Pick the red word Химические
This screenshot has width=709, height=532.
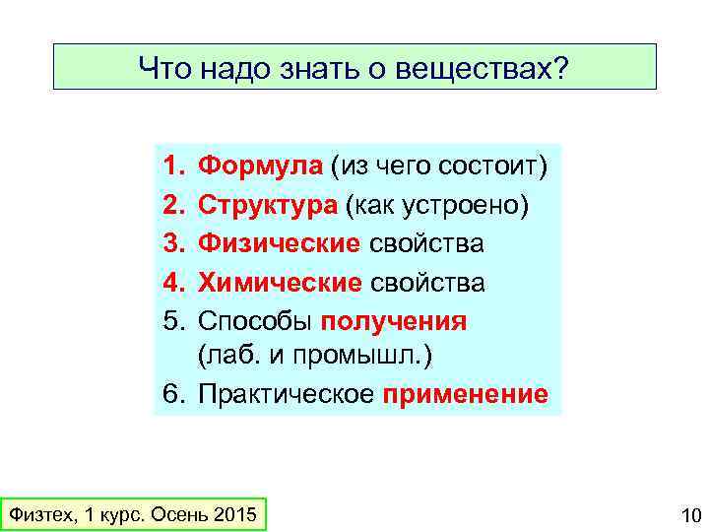280,283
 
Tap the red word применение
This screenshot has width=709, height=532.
465,395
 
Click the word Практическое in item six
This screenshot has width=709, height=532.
286,395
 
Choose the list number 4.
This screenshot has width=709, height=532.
172,283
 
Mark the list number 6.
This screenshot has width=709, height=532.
172,395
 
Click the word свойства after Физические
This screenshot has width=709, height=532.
426,243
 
